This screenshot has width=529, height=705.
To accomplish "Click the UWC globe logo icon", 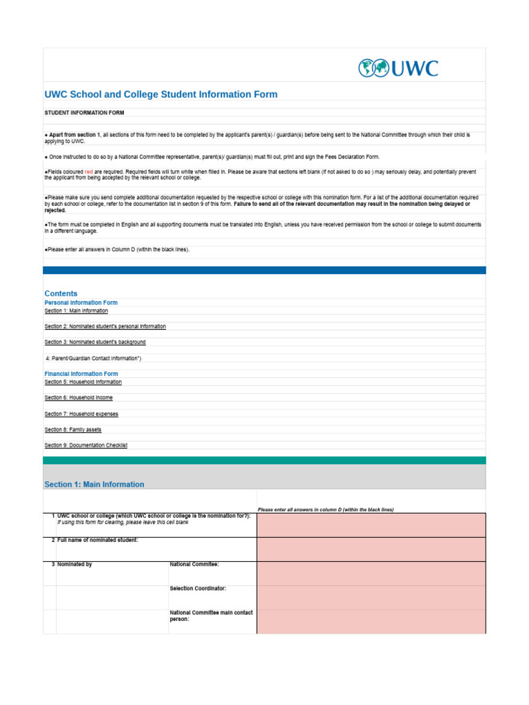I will (x=373, y=68).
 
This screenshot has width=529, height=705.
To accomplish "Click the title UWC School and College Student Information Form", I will (x=160, y=94).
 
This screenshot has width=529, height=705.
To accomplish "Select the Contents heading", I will (x=61, y=293).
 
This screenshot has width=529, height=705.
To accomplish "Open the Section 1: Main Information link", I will (x=76, y=311).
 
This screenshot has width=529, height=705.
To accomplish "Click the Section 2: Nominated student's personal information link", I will (x=105, y=326).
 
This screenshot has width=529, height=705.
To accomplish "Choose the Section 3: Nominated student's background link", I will (x=95, y=342).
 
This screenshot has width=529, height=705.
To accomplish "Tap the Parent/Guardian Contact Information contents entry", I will (x=92, y=358).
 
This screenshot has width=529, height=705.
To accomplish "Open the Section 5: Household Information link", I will (x=83, y=381).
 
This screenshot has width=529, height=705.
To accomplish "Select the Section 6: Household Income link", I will (x=79, y=398).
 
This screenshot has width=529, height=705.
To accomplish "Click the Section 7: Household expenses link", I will (x=81, y=414).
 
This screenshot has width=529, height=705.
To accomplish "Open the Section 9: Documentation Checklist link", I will (x=85, y=445).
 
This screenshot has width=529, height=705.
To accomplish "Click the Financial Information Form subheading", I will (x=81, y=374).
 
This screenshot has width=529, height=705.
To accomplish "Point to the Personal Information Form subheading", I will (x=81, y=302).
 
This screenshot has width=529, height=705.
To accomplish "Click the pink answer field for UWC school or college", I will (x=371, y=525).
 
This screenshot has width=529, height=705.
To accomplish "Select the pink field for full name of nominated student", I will (x=371, y=549).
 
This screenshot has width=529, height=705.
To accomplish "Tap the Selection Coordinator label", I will (x=198, y=589).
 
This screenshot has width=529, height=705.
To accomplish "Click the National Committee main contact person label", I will (x=211, y=615).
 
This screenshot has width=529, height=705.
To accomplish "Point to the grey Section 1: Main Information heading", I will (x=94, y=484).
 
